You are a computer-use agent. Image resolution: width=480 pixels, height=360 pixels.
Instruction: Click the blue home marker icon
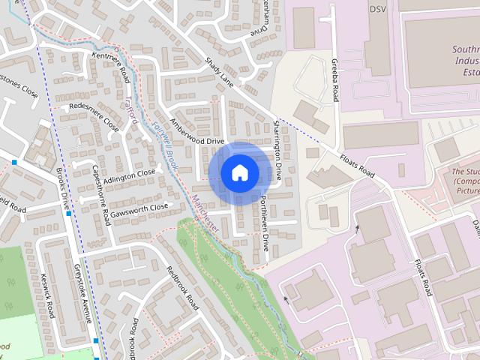[239, 172]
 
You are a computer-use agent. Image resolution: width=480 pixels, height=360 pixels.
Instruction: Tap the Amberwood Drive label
[197, 130]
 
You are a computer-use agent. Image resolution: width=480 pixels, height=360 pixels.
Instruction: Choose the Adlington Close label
[129, 176]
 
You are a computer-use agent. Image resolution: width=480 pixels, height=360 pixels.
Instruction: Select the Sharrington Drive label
[277, 151]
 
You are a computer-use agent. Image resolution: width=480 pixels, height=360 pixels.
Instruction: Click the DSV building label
[376, 10]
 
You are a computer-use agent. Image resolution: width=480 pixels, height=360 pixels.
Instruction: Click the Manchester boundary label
[204, 213]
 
